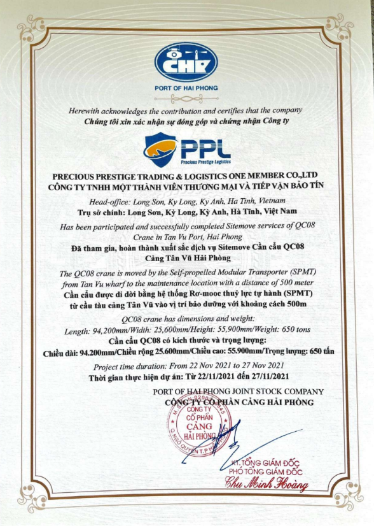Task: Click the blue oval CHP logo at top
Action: tap(186, 62)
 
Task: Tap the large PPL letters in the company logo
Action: tap(205, 148)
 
